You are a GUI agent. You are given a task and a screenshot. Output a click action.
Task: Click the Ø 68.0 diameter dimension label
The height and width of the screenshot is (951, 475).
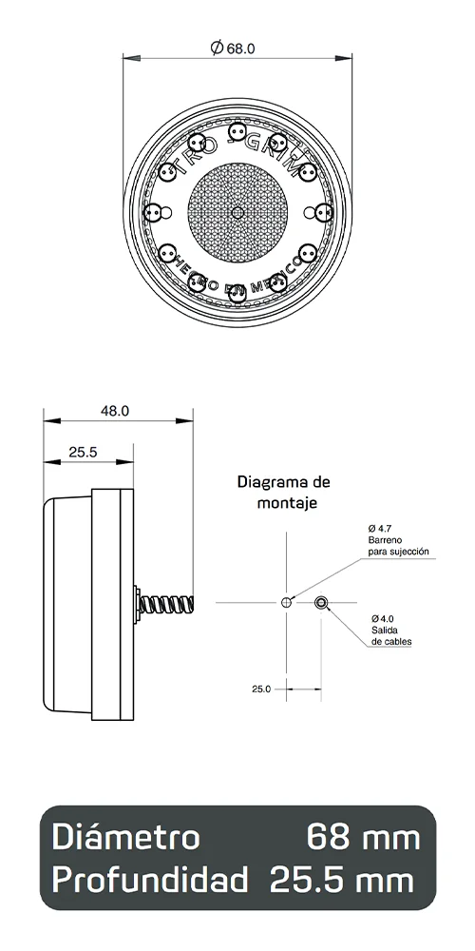pyautogui.click(x=237, y=47)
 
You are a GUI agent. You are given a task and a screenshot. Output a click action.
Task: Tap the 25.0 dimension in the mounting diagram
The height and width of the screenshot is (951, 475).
pyautogui.click(x=261, y=688)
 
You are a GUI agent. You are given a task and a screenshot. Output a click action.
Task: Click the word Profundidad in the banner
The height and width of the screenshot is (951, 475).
pyautogui.click(x=151, y=880)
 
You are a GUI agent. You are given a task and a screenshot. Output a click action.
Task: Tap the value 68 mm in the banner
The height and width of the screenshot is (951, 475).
pyautogui.click(x=362, y=838)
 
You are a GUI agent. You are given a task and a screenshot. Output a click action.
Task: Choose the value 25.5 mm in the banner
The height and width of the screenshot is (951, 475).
pyautogui.click(x=342, y=880)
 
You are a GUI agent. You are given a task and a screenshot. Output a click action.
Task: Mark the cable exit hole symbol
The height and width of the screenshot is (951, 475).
pyautogui.click(x=322, y=603)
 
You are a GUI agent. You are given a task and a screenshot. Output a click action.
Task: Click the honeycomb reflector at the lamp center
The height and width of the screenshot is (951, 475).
pyautogui.click(x=237, y=210)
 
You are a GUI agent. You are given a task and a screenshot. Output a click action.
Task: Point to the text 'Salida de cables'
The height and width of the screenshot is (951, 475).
pyautogui.click(x=390, y=635)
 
